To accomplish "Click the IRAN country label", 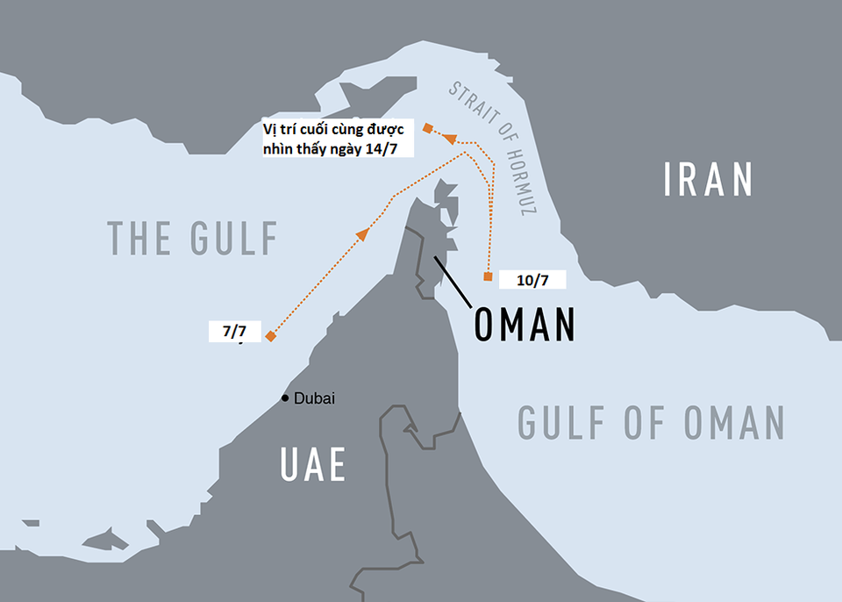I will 709,179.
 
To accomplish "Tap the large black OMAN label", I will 524,325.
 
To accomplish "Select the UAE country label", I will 312,465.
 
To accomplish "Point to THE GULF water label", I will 192,238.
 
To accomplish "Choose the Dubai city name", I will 314,398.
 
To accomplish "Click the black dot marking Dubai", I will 284,398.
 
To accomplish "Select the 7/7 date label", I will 234,332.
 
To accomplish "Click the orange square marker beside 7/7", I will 271,337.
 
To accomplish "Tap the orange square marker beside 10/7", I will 488,277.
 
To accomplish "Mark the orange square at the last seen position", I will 427,128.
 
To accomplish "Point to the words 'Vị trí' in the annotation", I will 280,129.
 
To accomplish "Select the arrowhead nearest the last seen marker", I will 448,138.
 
